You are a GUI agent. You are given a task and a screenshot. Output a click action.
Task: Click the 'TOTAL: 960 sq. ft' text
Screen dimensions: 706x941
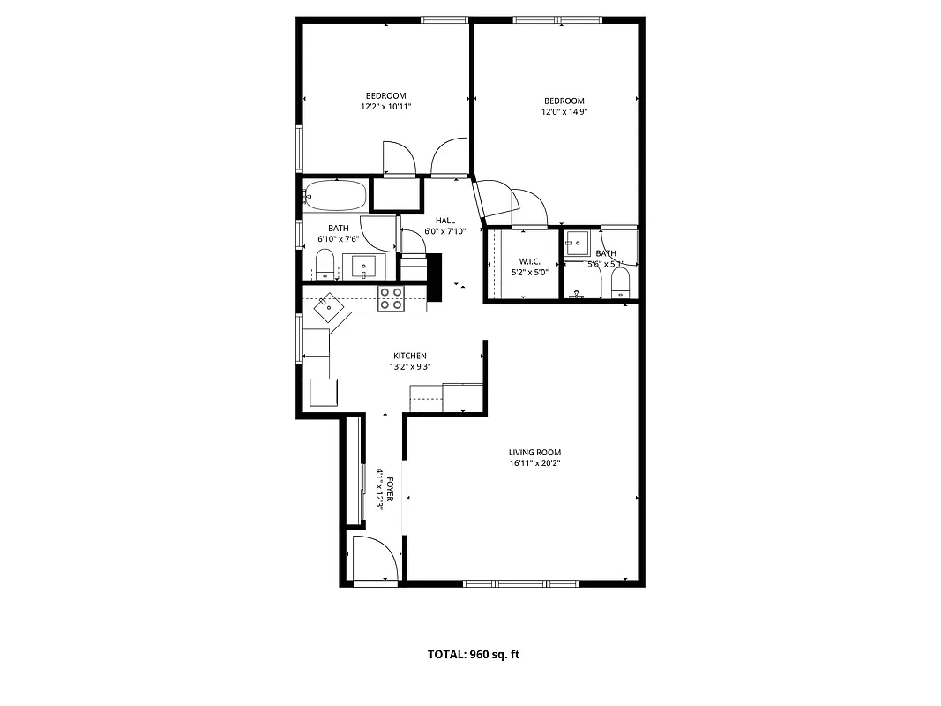(474, 654)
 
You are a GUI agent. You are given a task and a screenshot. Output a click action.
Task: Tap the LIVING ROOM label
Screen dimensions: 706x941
(534, 453)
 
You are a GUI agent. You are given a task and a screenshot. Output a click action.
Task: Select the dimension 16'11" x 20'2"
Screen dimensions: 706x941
(534, 463)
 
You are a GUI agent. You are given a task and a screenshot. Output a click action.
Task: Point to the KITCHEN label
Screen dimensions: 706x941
(410, 356)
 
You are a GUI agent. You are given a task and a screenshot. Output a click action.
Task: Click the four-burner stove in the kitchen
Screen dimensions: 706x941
(391, 298)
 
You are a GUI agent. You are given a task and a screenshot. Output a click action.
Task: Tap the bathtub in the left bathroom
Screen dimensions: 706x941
(335, 195)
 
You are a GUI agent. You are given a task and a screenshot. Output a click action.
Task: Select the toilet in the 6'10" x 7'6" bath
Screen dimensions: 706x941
(325, 263)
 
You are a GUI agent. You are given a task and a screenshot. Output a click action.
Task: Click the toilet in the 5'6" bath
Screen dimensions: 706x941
(621, 281)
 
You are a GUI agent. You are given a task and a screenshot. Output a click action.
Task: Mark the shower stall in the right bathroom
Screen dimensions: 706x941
(579, 244)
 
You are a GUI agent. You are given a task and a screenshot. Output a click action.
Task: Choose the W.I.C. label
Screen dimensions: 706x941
(529, 261)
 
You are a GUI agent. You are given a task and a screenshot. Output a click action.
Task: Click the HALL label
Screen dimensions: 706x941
(445, 221)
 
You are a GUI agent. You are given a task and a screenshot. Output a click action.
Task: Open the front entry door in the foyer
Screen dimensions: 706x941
(373, 560)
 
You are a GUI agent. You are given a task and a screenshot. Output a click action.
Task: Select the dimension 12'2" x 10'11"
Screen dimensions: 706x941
(386, 107)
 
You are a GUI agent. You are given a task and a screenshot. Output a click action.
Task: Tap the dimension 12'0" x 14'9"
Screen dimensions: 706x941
(564, 112)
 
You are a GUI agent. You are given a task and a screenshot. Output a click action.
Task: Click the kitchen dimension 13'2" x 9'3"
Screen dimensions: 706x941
(410, 366)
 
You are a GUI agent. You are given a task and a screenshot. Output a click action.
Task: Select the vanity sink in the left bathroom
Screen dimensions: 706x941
(363, 266)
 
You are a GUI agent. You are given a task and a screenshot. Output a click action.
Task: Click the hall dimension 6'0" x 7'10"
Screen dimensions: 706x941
(445, 231)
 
